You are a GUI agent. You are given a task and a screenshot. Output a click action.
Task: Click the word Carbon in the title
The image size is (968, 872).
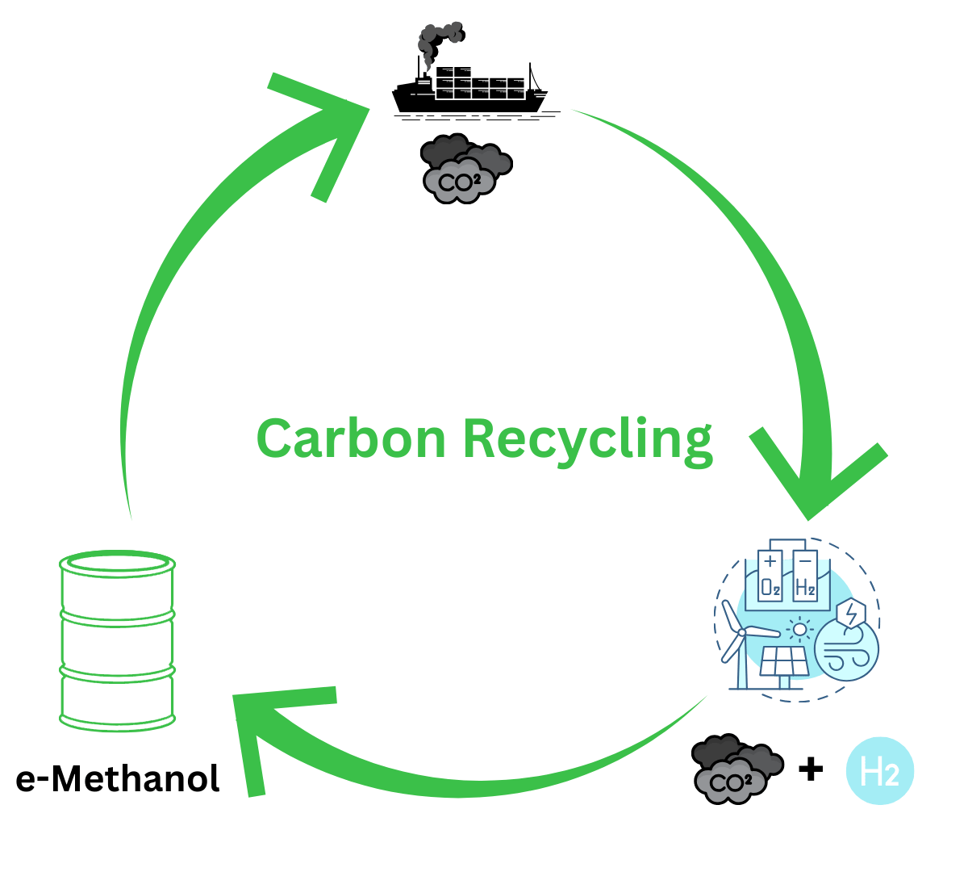click(350, 438)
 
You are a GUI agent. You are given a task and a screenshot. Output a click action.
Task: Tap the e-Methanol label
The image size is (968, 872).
click(118, 779)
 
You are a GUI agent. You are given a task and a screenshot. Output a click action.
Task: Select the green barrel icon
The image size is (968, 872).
click(118, 642)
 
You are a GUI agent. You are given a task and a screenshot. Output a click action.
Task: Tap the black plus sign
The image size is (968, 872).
click(810, 769)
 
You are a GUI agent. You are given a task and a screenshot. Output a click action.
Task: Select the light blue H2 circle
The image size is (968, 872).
click(880, 773)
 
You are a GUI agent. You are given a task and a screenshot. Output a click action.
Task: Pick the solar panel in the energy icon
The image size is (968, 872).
click(784, 663)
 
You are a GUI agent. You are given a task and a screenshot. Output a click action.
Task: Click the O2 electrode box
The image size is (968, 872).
click(770, 577)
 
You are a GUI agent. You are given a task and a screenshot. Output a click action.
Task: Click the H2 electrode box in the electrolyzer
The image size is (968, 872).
click(805, 577)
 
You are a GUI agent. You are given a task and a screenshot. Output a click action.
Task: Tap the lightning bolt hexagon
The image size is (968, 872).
click(850, 613)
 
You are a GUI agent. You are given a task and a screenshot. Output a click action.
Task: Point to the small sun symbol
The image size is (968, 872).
click(799, 628)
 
